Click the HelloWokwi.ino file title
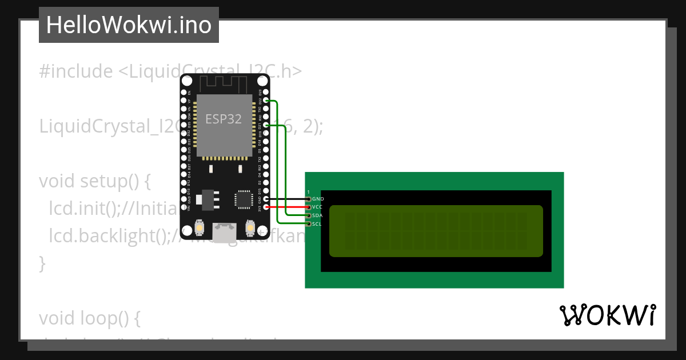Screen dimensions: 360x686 (x=129, y=25)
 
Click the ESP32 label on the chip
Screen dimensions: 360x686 (x=224, y=119)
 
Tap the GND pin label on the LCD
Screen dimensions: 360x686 (x=318, y=199)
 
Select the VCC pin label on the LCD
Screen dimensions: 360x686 (x=318, y=207)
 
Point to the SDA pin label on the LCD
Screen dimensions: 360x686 (x=317, y=215)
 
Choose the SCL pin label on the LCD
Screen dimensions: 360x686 (x=317, y=224)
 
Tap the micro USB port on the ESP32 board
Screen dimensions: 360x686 (x=224, y=231)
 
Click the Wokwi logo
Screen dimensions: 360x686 (x=608, y=315)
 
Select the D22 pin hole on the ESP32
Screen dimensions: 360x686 (x=266, y=100)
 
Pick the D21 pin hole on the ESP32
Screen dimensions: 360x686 (x=266, y=125)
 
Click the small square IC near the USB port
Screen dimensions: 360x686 (x=243, y=199)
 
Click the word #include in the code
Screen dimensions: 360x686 (x=76, y=71)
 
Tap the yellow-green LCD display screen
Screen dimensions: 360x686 (x=436, y=231)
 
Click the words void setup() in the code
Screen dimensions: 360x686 (x=95, y=181)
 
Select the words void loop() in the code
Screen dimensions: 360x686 (x=90, y=318)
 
